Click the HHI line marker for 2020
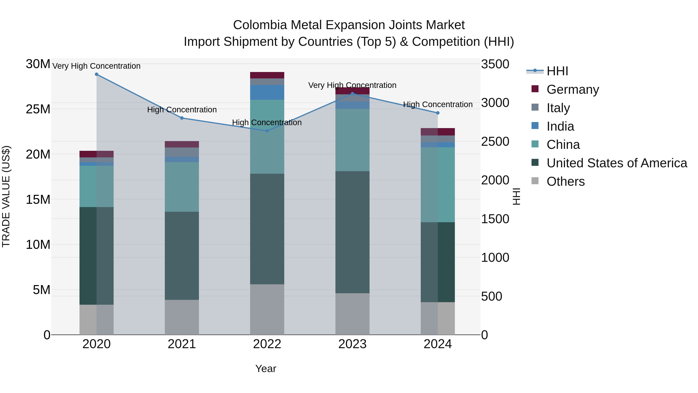pyautogui.click(x=97, y=74)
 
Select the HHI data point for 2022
pyautogui.click(x=267, y=131)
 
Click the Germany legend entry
pyautogui.click(x=573, y=89)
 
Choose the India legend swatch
pyautogui.click(x=535, y=126)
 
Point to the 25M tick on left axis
pyautogui.click(x=38, y=109)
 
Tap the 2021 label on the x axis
pyautogui.click(x=182, y=344)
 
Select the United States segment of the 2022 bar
pyautogui.click(x=267, y=229)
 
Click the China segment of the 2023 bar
pyautogui.click(x=352, y=140)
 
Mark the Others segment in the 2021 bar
pyautogui.click(x=182, y=317)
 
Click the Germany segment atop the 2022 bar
pyautogui.click(x=267, y=75)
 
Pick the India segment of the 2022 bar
pyautogui.click(x=267, y=93)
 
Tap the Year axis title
pyautogui.click(x=266, y=369)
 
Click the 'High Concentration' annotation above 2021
pyautogui.click(x=182, y=110)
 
